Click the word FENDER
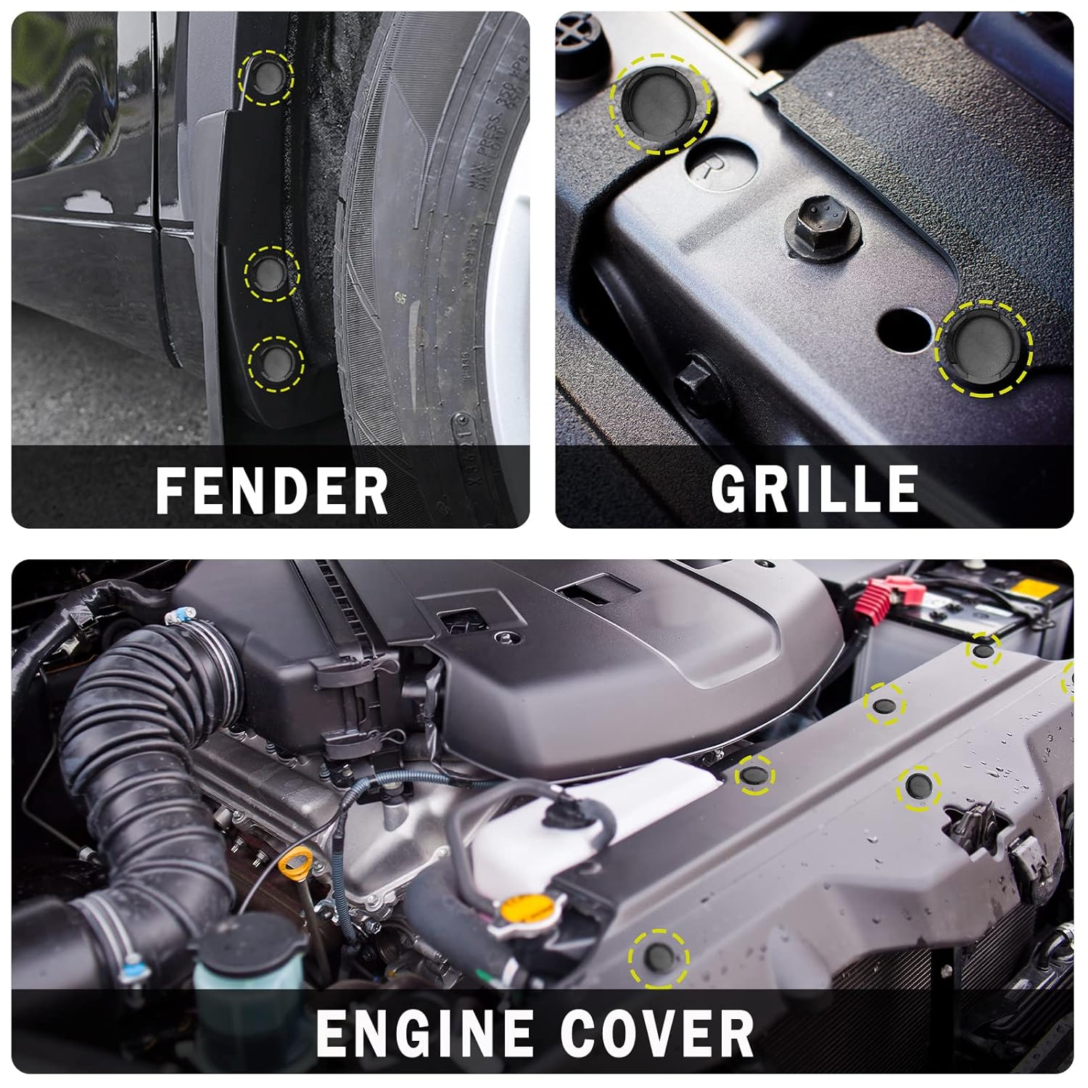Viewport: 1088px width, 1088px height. click(271, 490)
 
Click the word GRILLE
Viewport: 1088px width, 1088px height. click(815, 489)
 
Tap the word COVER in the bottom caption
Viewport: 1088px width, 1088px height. click(657, 1033)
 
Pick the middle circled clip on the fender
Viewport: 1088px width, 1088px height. click(272, 272)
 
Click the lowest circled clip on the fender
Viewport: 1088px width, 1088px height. click(276, 360)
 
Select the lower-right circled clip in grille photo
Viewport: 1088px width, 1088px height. click(984, 348)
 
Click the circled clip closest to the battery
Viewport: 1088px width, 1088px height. click(983, 651)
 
